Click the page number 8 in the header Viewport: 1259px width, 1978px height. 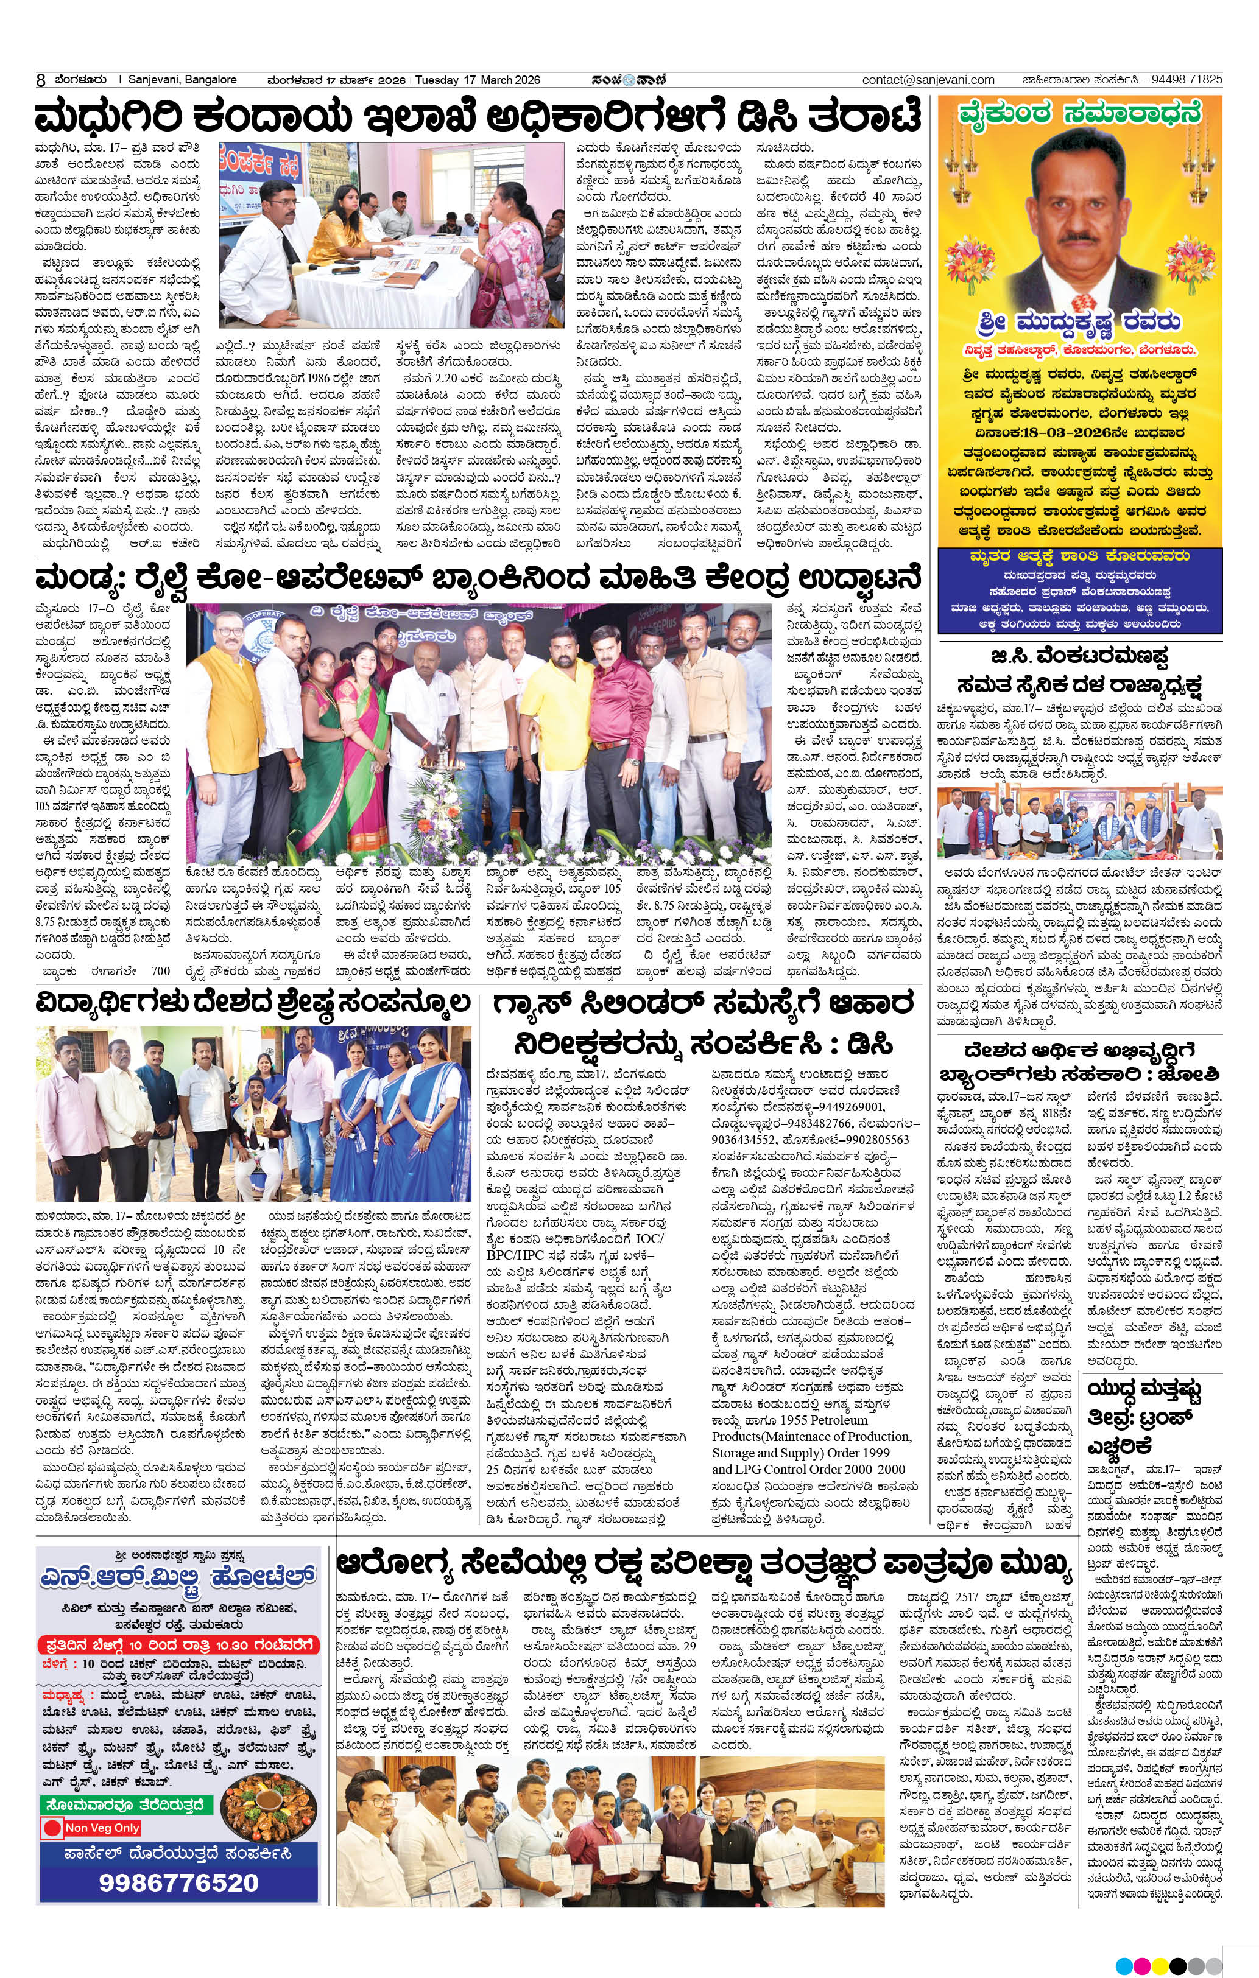(x=40, y=80)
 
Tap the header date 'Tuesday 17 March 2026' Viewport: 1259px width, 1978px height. (x=478, y=80)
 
